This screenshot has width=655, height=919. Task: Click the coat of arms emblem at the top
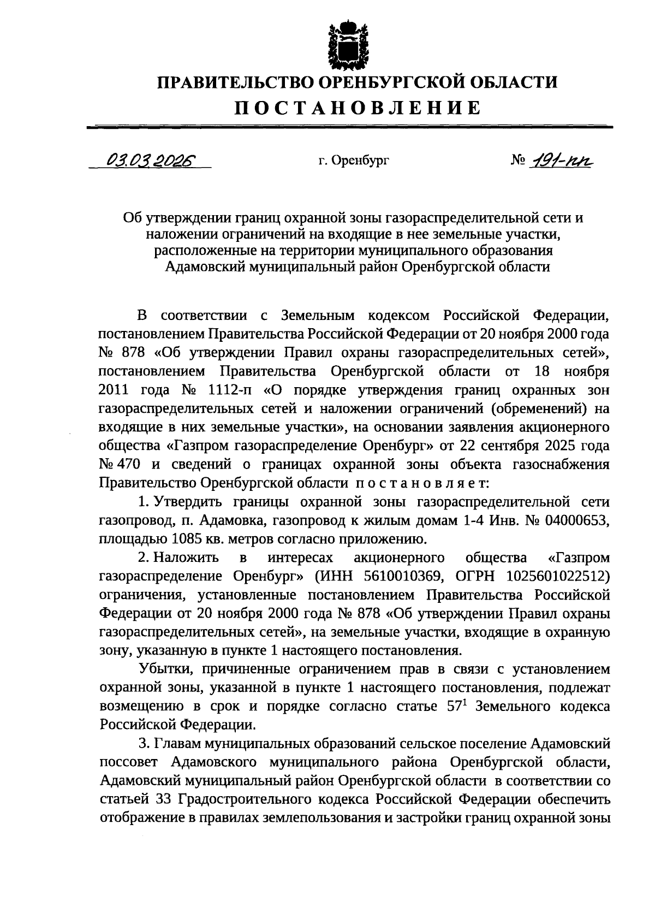click(342, 43)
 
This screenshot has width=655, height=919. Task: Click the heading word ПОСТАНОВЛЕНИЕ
click(358, 108)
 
